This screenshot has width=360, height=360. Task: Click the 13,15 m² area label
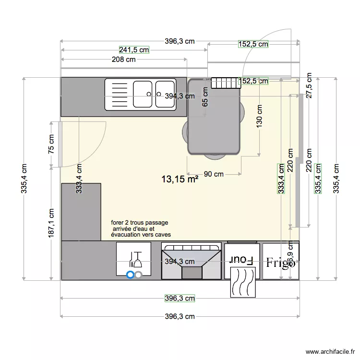180,180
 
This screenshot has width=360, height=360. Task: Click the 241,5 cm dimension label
134,49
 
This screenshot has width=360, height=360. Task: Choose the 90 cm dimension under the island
214,174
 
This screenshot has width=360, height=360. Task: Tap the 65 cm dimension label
205,96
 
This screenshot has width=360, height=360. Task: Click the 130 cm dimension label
260,116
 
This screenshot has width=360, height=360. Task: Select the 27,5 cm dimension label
309,85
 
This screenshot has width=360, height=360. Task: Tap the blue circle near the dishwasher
130,275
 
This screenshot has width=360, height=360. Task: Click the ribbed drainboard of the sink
119,94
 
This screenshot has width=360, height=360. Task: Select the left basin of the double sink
143,94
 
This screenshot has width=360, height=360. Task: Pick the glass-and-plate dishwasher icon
134,260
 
